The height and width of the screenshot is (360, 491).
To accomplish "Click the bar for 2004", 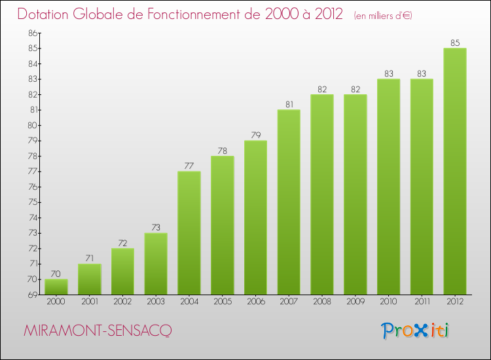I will point(189,232).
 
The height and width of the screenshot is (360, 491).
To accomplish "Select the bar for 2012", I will point(455,171).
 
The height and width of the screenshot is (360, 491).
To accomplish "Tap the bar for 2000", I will point(56,287).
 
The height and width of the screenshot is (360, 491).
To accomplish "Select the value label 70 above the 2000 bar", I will point(56,274).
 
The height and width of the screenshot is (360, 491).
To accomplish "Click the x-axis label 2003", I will point(156,302).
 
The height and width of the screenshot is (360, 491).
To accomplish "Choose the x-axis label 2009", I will point(355,302).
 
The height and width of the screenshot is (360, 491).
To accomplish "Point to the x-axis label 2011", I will point(422,302).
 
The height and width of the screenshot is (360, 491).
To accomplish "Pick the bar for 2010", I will point(388,187).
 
